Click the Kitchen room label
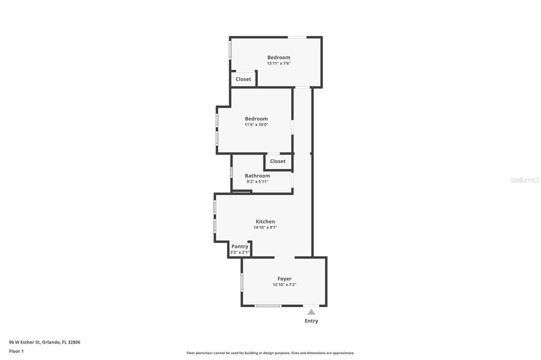265,222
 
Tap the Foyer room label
284,279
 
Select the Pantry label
239,247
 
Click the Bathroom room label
257,176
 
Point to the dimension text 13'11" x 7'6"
278,63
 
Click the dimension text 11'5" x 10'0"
256,125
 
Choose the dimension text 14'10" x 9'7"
265,228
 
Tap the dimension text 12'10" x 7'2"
284,285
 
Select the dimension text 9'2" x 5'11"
257,182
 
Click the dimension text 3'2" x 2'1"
239,252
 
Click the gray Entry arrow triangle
311,312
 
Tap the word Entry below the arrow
311,321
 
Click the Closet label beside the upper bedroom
244,79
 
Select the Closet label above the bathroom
277,162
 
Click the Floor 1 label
16,351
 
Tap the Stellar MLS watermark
525,180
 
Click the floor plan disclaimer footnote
270,353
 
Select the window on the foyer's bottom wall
268,306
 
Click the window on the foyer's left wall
242,282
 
